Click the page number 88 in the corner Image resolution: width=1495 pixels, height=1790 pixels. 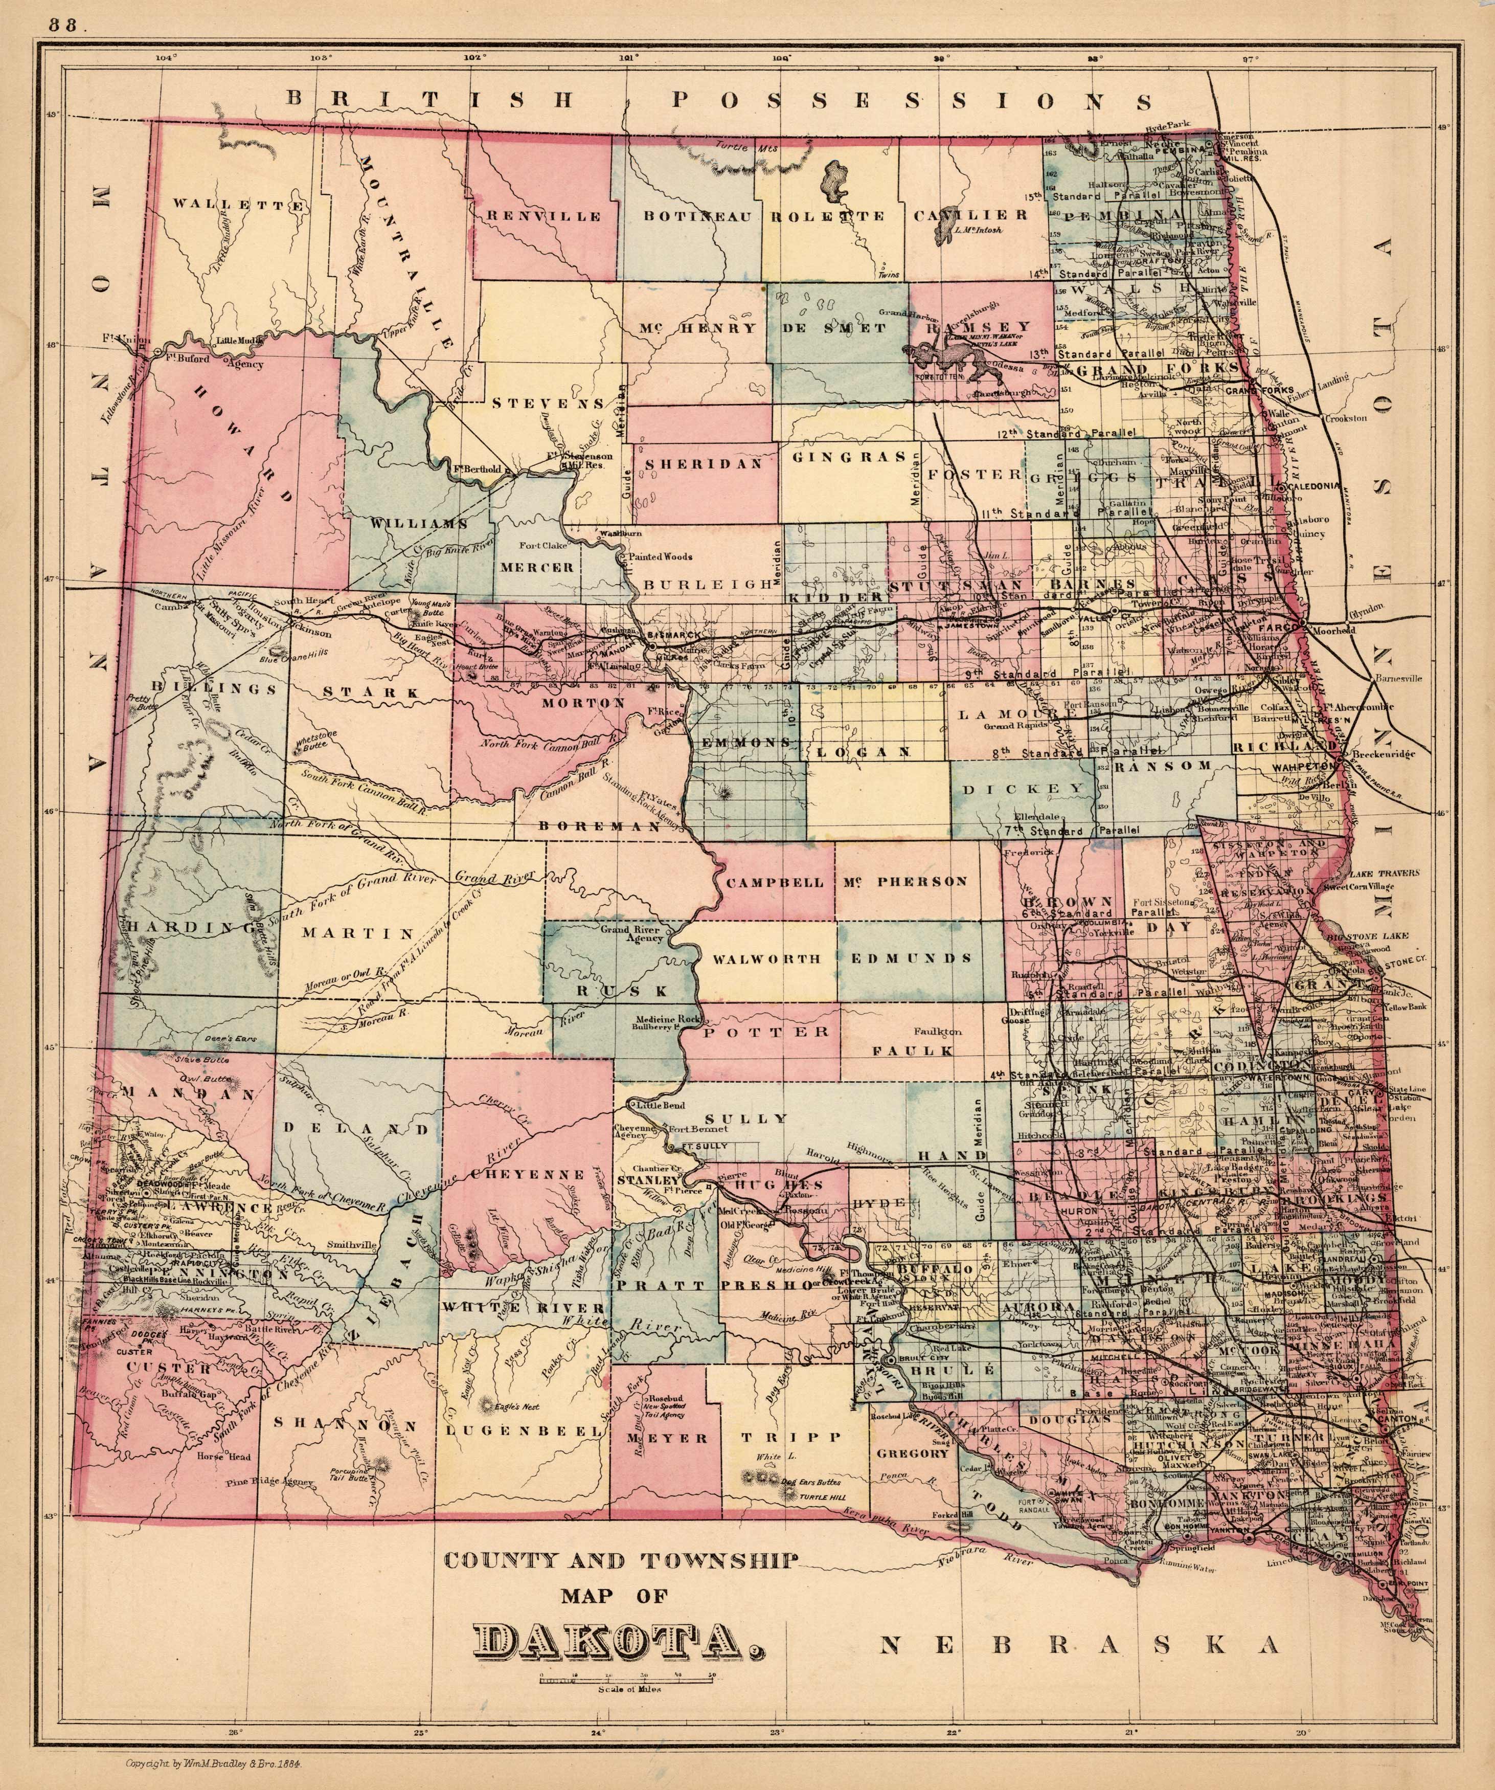point(62,26)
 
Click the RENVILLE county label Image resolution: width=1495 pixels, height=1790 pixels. point(544,216)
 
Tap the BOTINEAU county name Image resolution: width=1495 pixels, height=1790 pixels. point(697,216)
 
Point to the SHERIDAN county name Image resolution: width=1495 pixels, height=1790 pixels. point(703,464)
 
